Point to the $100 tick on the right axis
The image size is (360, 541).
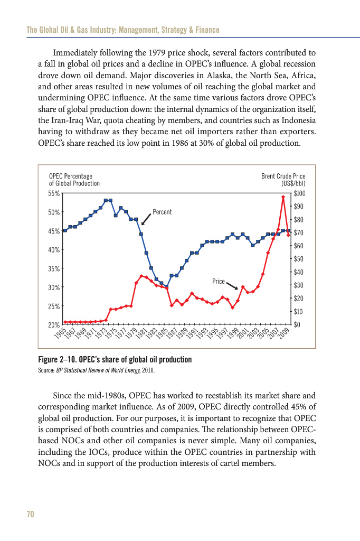pos(299,193)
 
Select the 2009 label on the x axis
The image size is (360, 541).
pos(286,334)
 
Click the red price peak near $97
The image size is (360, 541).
pos(283,197)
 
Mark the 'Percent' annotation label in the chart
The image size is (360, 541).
pos(162,212)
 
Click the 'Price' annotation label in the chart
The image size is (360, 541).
pos(219,282)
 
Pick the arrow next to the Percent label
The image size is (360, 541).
pos(146,219)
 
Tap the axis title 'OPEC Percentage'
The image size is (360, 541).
pos(70,176)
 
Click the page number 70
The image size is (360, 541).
pos(30,515)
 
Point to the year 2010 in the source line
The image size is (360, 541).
pos(148,370)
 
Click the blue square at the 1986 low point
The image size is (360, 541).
pos(166,287)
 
